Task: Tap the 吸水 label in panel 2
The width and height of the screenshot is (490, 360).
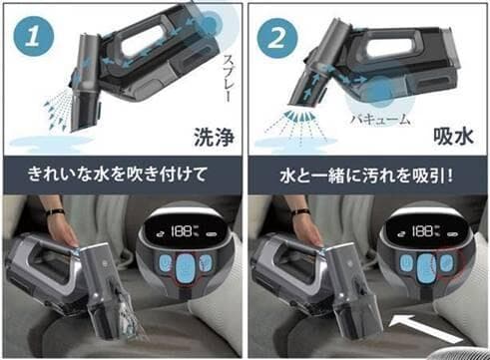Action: point(454,136)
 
